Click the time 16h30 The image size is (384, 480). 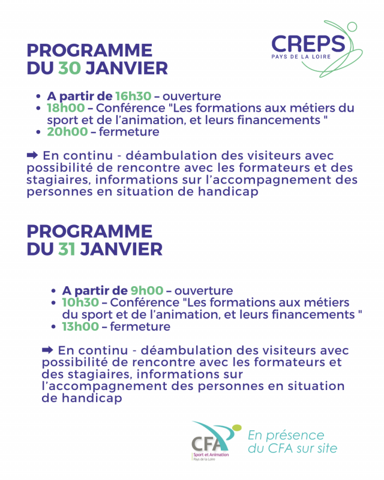coord(133,96)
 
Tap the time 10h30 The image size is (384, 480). coord(80,303)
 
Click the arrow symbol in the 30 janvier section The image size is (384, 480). coord(32,155)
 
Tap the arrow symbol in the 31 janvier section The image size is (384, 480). coord(47,350)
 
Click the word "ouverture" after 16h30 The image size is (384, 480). coord(191,96)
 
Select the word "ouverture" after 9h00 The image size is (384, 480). coord(203,291)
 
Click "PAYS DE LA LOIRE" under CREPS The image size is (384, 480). coord(308,58)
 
